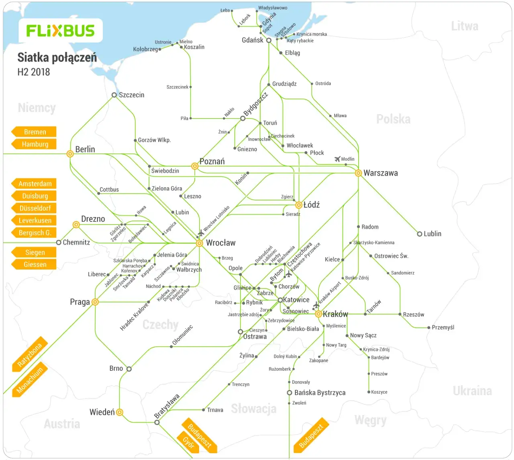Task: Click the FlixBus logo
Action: coord(60,31)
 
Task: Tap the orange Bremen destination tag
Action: coord(35,132)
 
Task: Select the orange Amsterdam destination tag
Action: coord(35,184)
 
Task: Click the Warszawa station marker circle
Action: coord(358,173)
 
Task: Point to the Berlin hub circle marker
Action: coord(70,153)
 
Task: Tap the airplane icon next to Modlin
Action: coord(337,159)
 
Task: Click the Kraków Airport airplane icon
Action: coord(316,305)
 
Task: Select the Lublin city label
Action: coord(432,234)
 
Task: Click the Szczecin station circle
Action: coord(114,95)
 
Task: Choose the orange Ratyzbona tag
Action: coord(30,354)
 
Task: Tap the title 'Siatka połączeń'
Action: coord(57,57)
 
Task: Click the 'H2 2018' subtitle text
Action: coord(34,72)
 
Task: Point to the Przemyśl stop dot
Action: coord(428,328)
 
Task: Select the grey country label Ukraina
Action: coord(472,391)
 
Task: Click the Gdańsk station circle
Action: coord(269,40)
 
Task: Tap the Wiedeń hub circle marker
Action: coord(119,412)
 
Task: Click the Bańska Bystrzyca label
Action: coord(320,393)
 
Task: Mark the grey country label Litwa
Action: coord(465,26)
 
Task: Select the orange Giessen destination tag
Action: coord(35,264)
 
